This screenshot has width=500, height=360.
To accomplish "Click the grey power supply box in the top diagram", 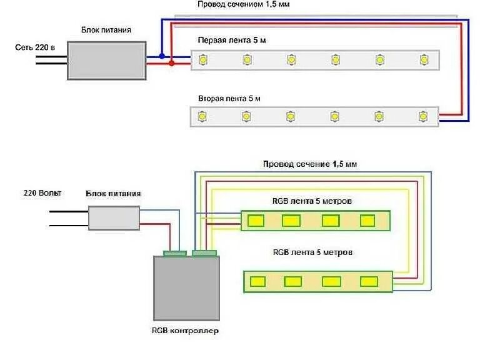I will click(107, 61).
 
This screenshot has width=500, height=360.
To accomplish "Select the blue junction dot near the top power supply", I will click(162, 56).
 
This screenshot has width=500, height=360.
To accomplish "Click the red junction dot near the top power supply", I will click(171, 63).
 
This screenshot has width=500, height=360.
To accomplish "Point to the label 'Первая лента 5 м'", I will click(228, 40).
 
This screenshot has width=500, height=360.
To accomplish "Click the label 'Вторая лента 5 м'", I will click(229, 99).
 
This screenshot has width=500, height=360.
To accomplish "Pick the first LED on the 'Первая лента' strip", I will click(202, 59).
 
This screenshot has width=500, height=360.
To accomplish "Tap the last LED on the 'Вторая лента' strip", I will click(424, 116).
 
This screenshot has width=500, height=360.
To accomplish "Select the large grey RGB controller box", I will click(186, 287).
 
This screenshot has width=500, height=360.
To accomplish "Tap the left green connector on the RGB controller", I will click(175, 253).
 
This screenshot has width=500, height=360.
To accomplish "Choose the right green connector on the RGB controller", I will click(204, 253).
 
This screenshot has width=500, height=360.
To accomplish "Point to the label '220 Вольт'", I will click(42, 193).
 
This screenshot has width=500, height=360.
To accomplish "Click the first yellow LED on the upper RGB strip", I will click(254, 221).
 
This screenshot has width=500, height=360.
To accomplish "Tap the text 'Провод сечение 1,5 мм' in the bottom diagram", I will click(310, 164).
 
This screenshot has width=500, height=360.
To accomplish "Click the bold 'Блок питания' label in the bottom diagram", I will click(113, 194).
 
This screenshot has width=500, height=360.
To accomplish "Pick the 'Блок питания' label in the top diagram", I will click(106, 29).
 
